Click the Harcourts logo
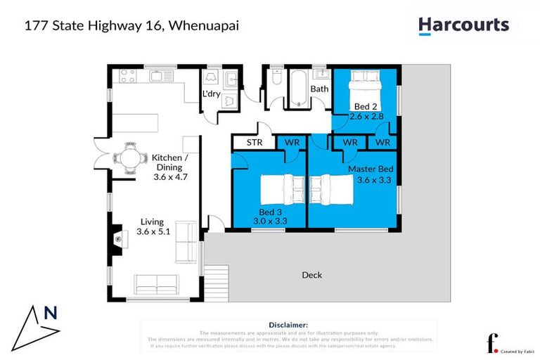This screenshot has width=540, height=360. [463, 26]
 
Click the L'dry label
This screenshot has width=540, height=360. [211, 94]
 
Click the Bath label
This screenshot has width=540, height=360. [320, 89]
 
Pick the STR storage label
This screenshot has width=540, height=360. [254, 143]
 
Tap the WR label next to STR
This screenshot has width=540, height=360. [292, 143]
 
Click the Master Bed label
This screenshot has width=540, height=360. [371, 169]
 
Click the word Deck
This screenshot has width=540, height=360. [311, 275]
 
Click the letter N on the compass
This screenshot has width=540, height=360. [51, 314]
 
